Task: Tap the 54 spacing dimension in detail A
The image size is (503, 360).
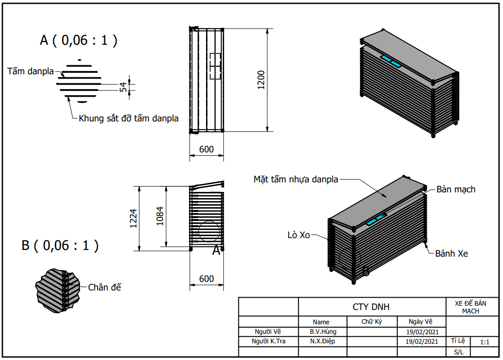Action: [x=123, y=87]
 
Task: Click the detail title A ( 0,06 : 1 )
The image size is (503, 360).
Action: [x=79, y=40]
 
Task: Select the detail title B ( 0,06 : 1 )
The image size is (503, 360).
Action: [x=60, y=246]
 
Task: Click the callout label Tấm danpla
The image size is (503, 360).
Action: [x=32, y=71]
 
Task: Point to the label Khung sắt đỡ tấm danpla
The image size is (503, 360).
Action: [x=128, y=118]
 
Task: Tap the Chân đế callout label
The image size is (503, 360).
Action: [x=105, y=287]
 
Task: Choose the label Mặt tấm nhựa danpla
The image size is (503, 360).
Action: [x=296, y=180]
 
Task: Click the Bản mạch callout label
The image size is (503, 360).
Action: [x=455, y=190]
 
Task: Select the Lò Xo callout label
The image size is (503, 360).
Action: [x=299, y=235]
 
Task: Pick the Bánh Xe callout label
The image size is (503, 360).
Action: [x=452, y=254]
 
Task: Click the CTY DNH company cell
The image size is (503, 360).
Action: [x=371, y=307]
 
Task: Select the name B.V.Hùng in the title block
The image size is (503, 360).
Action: [x=323, y=332]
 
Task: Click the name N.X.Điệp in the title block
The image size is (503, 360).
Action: [x=322, y=341]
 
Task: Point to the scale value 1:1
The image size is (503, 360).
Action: [x=485, y=342]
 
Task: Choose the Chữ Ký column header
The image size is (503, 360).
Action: [x=372, y=322]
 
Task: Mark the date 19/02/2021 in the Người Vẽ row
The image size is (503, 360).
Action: [x=422, y=332]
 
